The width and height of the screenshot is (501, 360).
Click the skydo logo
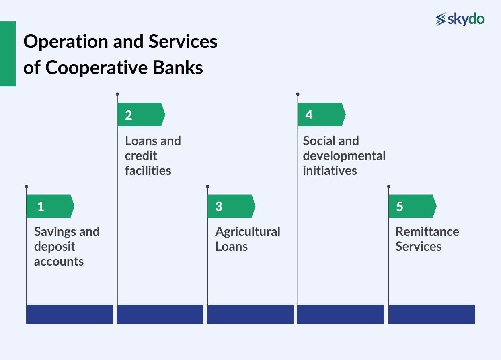point(460,19)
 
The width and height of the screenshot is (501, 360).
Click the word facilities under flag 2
point(148,170)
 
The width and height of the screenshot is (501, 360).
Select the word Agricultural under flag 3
point(247,232)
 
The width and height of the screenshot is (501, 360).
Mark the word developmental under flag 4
point(344,156)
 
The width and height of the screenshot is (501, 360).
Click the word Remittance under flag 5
point(427,232)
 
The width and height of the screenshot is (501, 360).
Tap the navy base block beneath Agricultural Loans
point(250,314)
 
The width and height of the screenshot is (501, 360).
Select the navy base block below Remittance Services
point(431,314)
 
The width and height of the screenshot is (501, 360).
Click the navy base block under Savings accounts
point(69,314)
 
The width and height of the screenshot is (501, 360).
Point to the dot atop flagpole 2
point(117,94)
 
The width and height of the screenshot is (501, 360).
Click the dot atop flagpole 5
point(389,186)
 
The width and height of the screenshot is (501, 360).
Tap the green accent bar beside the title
point(8,54)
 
